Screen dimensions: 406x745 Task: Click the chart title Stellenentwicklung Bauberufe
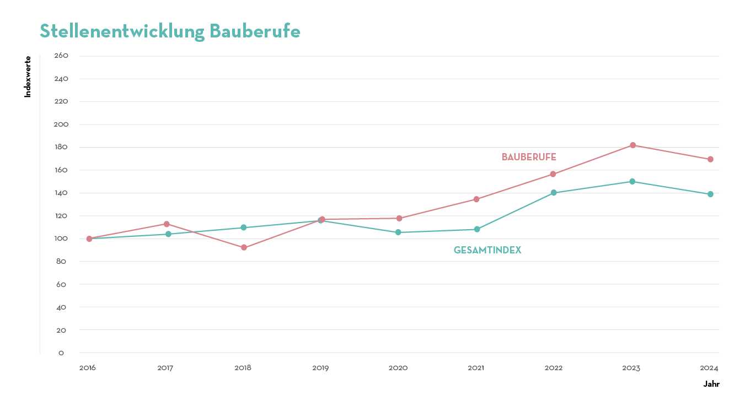[170, 31]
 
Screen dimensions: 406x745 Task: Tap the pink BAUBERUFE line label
[529, 158]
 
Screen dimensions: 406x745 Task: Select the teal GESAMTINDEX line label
[487, 251]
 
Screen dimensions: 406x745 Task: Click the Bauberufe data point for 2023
[633, 145]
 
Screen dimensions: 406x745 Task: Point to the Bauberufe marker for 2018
[244, 248]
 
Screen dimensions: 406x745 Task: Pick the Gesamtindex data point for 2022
[554, 193]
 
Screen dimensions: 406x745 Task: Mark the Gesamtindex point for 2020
[398, 232]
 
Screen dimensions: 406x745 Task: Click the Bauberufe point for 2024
[710, 159]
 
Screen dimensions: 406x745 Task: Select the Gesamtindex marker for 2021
[477, 229]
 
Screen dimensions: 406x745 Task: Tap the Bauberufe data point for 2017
[167, 224]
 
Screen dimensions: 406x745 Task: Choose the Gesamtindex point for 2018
[243, 228]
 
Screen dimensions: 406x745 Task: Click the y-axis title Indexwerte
[28, 77]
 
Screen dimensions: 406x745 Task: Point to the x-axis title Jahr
[711, 385]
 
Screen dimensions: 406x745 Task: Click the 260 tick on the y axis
[61, 56]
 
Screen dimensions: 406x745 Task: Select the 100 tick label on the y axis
[61, 239]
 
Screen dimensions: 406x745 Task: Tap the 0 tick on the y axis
[61, 353]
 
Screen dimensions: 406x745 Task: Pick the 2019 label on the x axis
[320, 368]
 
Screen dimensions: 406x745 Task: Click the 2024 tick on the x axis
[709, 368]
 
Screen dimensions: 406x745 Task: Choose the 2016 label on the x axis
[88, 368]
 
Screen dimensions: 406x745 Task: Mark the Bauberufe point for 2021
[476, 199]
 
